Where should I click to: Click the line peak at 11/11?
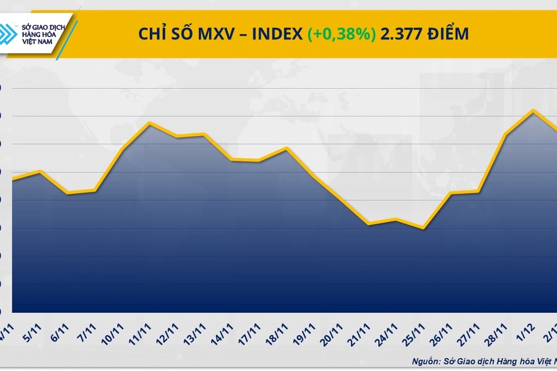[x=150, y=122]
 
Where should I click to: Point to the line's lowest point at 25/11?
[x=423, y=228]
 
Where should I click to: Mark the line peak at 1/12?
[x=532, y=110]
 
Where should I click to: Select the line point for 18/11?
[x=286, y=148]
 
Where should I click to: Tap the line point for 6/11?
[x=67, y=193]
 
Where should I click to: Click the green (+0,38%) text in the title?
[x=342, y=34]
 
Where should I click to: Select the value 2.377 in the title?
[x=400, y=34]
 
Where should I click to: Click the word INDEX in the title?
[x=275, y=34]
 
